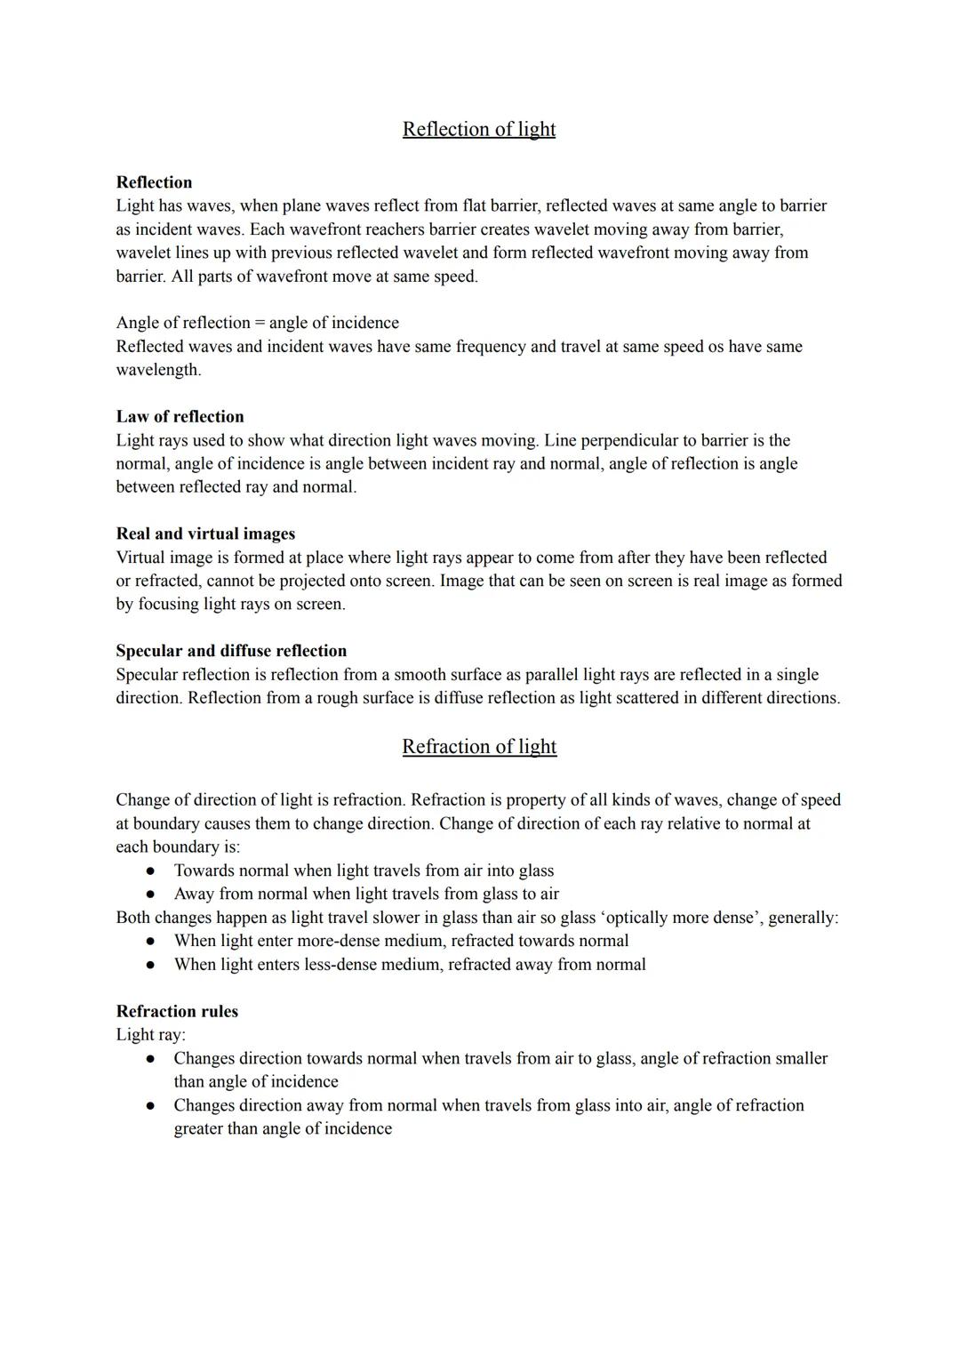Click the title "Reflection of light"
coord(479,129)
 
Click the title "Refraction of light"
coord(479,747)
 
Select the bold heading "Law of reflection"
coord(180,416)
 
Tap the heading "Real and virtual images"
coord(205,534)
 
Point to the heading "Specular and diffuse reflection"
coord(231,651)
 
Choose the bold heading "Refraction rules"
coord(177,1011)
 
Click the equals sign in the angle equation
coord(260,323)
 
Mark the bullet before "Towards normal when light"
coord(151,871)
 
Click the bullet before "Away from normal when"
coord(151,895)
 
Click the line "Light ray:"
coord(150,1035)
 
